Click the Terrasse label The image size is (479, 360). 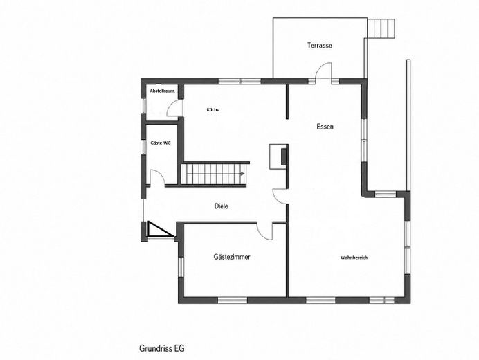(x=320, y=46)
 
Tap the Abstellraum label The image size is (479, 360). (x=162, y=91)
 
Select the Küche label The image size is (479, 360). (x=213, y=109)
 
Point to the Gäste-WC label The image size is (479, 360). (x=161, y=143)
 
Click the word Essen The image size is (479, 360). (x=325, y=127)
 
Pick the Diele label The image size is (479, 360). (x=222, y=206)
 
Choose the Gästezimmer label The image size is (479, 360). (x=232, y=257)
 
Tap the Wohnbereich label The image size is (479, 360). (x=354, y=258)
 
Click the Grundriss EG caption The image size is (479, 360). (x=161, y=348)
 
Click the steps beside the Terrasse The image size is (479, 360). (x=381, y=28)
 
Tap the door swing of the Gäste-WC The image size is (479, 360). (x=156, y=177)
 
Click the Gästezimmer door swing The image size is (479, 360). (x=263, y=232)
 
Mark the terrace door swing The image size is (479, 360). (x=323, y=71)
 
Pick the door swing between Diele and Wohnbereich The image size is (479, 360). (x=280, y=196)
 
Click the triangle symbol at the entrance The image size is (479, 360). (x=159, y=229)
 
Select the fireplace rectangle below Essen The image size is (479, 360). (x=278, y=156)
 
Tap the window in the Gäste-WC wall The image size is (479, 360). (x=143, y=147)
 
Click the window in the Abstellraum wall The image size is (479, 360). (x=143, y=105)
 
